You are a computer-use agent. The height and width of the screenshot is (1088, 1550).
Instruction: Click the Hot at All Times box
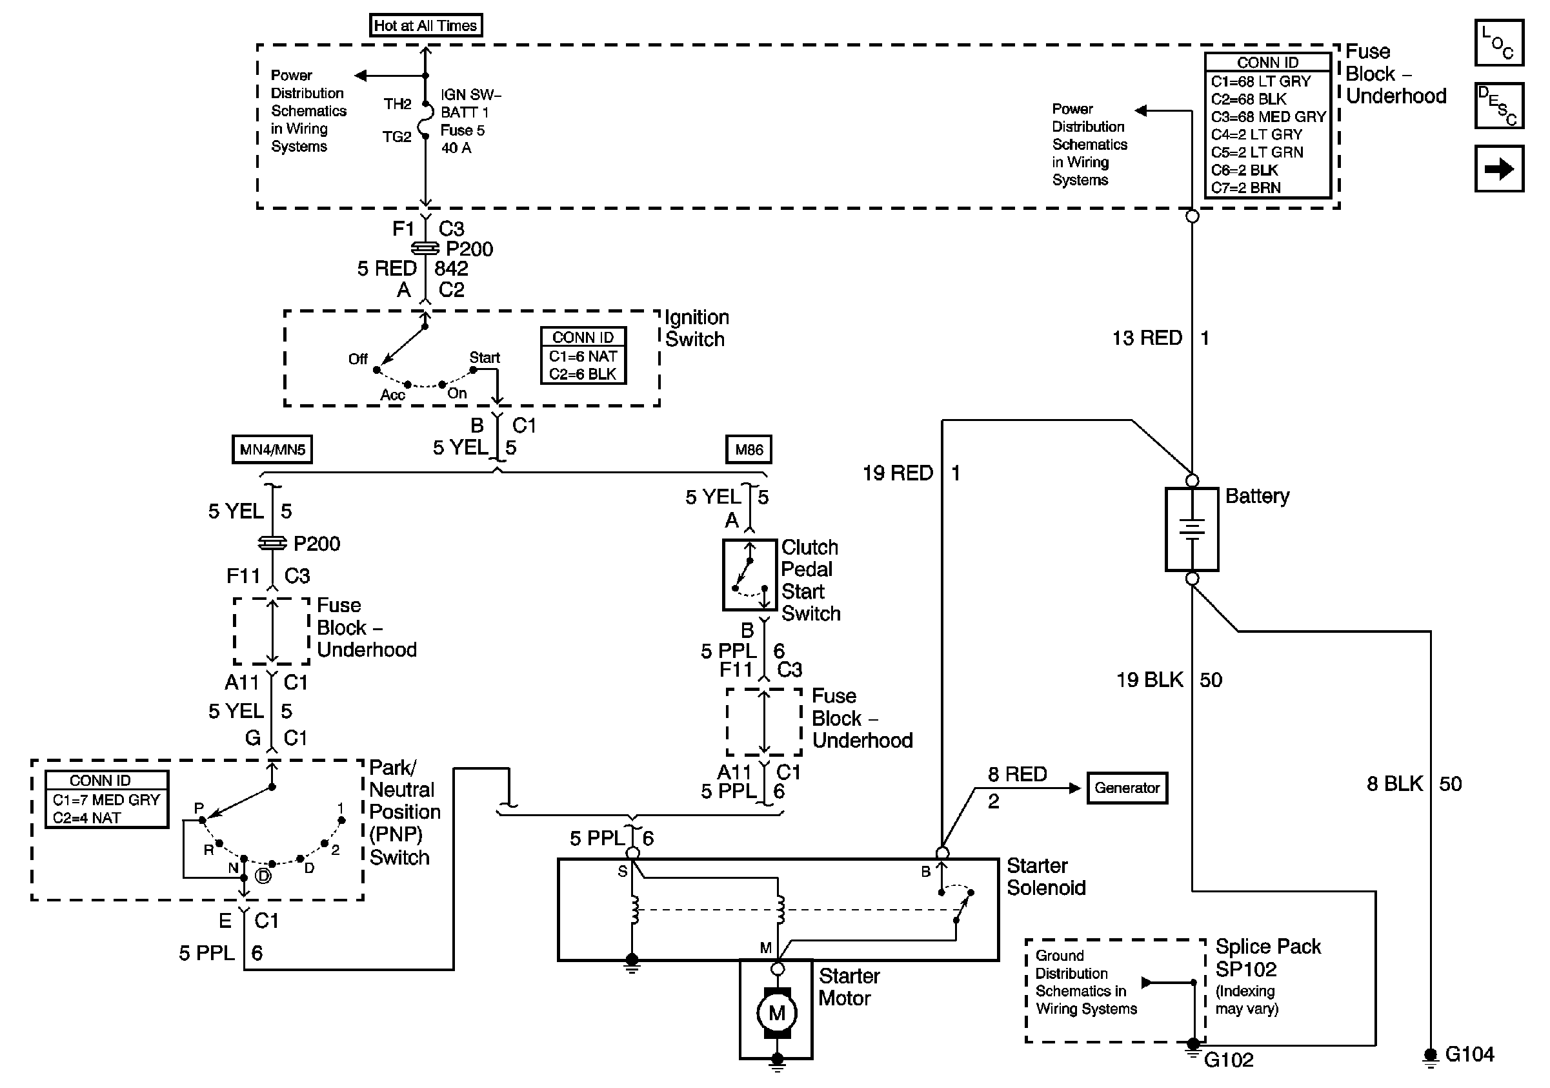pyautogui.click(x=425, y=26)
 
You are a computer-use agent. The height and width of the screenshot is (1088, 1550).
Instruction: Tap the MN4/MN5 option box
pyautogui.click(x=272, y=450)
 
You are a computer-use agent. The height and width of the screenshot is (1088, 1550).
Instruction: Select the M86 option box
pyautogui.click(x=749, y=450)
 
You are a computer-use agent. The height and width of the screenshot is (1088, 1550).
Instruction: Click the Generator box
pyautogui.click(x=1127, y=788)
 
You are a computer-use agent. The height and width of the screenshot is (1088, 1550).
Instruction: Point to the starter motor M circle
pyautogui.click(x=776, y=1013)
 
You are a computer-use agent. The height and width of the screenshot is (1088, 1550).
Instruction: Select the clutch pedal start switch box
pyautogui.click(x=749, y=575)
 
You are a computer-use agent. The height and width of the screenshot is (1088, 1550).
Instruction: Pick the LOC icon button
pyautogui.click(x=1498, y=43)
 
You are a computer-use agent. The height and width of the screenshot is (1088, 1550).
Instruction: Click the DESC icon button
pyautogui.click(x=1498, y=106)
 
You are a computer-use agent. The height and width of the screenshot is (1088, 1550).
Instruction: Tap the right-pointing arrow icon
pyautogui.click(x=1498, y=169)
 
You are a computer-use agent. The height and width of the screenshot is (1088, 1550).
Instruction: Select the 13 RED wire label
pyautogui.click(x=1147, y=338)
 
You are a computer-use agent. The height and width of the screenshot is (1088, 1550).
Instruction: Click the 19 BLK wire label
pyautogui.click(x=1150, y=679)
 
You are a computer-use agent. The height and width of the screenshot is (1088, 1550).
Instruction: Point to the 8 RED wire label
pyautogui.click(x=1018, y=774)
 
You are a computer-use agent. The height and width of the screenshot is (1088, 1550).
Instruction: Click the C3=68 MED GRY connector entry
pyautogui.click(x=1268, y=117)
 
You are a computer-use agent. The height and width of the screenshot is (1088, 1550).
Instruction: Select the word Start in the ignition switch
pyautogui.click(x=485, y=357)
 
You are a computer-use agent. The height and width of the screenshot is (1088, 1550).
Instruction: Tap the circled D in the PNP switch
pyautogui.click(x=263, y=876)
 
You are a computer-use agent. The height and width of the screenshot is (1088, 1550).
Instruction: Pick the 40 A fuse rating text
pyautogui.click(x=456, y=148)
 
